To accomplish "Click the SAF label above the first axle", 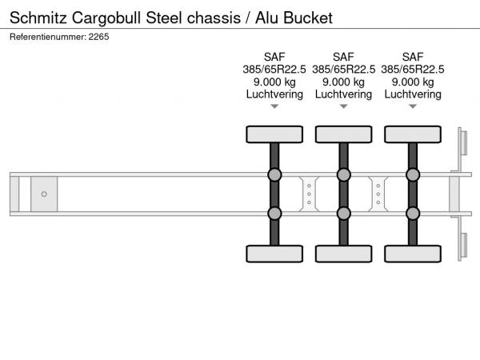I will (274, 56).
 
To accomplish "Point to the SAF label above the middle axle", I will (343, 56).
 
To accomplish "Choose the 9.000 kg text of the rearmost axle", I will (412, 82).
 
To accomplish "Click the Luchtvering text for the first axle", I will (274, 94).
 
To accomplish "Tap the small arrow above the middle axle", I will (343, 106).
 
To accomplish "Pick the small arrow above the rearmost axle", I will (412, 106).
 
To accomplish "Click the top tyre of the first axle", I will (274, 134).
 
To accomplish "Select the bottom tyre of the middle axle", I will (343, 254).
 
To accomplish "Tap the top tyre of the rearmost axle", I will (412, 134).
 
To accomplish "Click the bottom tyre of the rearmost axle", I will (412, 254).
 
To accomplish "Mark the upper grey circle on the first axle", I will (274, 175).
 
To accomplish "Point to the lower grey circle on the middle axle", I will (343, 213).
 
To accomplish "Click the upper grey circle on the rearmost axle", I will (412, 175).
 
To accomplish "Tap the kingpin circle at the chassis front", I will (44, 194).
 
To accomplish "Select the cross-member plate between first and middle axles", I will (309, 194).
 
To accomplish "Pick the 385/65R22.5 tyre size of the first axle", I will (274, 69).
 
